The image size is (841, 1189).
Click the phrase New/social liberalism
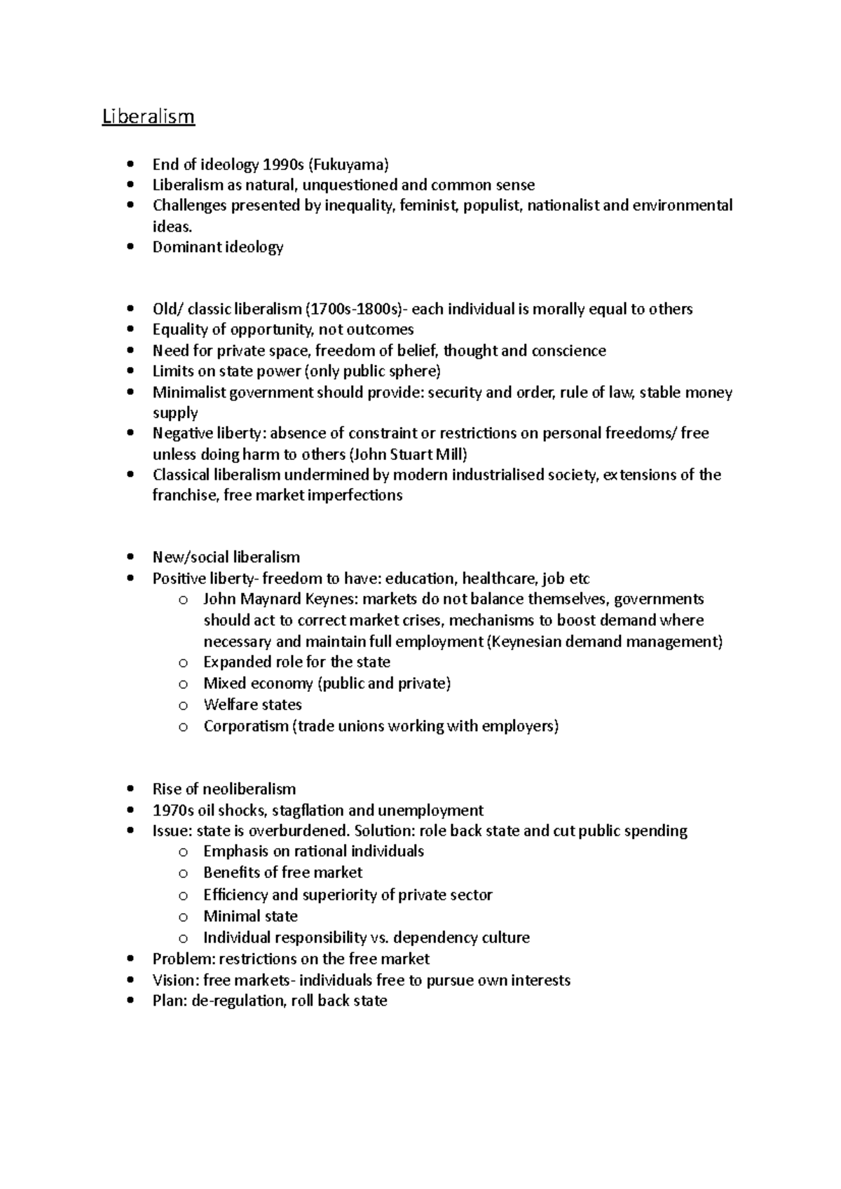coord(226,557)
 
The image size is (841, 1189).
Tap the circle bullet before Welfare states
coord(183,705)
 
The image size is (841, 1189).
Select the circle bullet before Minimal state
coord(183,917)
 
